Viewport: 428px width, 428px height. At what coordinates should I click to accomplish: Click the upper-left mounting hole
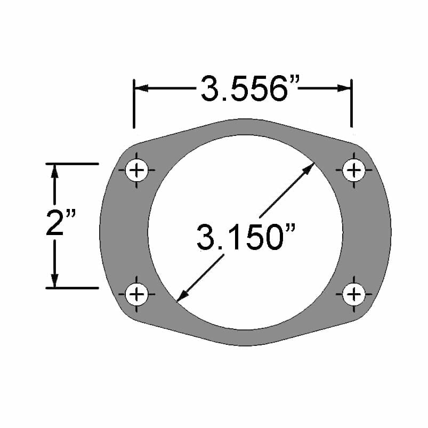pos(138,171)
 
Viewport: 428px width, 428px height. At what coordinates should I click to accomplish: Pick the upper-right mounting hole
pos(353,171)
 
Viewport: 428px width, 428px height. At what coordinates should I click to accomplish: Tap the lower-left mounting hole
pos(138,294)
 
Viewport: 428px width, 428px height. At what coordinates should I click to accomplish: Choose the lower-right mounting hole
pos(353,294)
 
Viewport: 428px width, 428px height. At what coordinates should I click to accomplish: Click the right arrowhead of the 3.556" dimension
pos(343,88)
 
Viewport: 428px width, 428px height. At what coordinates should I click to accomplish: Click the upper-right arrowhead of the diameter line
pos(309,169)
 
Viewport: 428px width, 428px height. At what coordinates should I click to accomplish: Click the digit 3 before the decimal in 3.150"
pos(206,237)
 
